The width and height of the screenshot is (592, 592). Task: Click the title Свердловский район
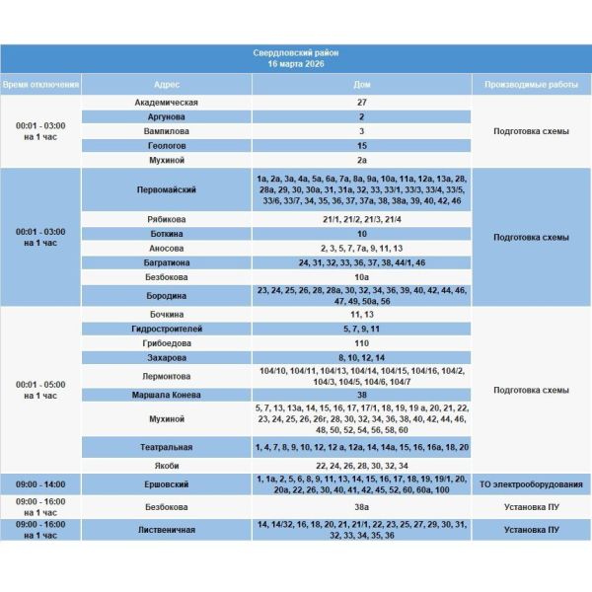[295, 52]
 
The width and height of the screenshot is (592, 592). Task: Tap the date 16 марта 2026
[295, 63]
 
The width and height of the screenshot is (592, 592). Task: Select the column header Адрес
[167, 85]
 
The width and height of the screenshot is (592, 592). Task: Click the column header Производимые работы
[530, 85]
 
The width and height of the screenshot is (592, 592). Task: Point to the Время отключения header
[40, 85]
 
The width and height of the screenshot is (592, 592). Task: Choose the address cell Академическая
[167, 102]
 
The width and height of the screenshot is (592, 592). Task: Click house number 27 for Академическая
[362, 102]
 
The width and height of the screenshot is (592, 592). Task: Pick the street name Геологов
[167, 145]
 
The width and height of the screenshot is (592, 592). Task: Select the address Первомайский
[167, 189]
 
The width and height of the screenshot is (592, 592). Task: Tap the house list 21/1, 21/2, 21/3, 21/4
[362, 219]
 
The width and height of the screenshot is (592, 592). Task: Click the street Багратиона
[167, 263]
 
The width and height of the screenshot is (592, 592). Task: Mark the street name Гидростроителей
[167, 328]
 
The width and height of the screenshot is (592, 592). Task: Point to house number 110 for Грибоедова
[362, 342]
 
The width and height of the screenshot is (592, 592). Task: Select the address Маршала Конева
[167, 395]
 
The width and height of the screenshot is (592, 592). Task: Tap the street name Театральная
[167, 447]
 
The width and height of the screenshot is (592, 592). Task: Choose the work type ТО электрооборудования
[530, 484]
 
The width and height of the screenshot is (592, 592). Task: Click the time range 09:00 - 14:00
[40, 484]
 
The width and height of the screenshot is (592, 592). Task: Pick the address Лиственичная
[167, 530]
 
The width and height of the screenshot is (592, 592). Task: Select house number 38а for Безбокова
[362, 506]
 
